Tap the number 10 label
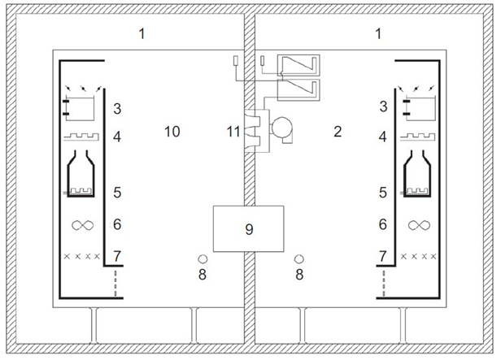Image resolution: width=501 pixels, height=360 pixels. click(172, 132)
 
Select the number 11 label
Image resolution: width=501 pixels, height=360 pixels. click(233, 132)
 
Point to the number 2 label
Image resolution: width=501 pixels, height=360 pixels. click(338, 132)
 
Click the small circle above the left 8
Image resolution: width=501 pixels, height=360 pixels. click(203, 259)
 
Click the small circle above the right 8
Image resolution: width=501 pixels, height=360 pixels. click(299, 259)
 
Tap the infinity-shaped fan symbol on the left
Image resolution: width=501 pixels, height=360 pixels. click(83, 225)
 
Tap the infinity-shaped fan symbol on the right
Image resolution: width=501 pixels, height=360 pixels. click(419, 225)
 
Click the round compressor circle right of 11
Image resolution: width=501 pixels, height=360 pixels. click(281, 127)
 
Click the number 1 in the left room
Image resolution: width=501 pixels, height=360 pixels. click(142, 33)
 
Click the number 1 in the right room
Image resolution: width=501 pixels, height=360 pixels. click(378, 33)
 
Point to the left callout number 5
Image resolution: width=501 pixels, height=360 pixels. click(117, 193)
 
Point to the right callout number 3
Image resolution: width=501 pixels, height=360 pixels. click(383, 106)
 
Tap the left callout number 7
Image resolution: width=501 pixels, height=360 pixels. click(117, 256)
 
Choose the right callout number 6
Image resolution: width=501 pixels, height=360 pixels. click(383, 224)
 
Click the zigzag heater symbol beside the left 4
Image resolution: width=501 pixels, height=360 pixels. click(81, 137)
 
